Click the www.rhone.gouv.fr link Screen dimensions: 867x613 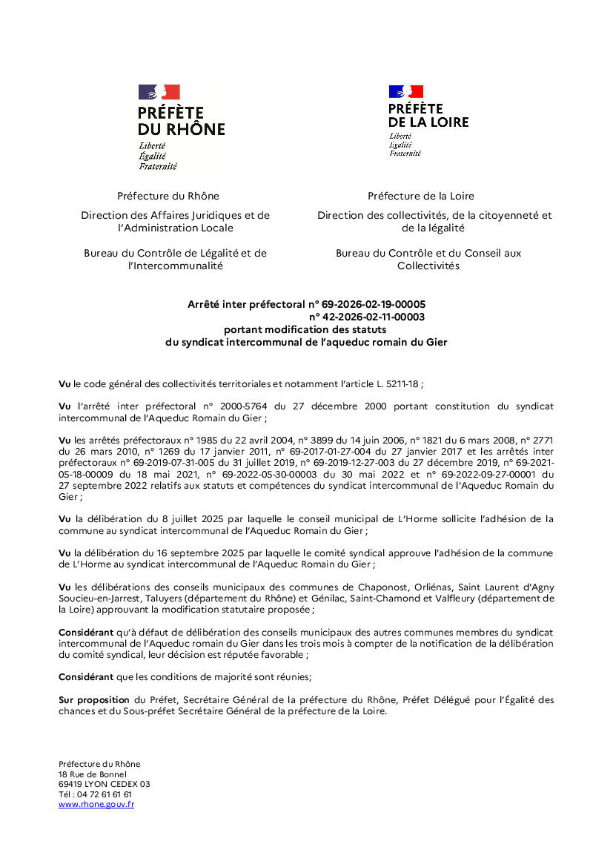coord(96,804)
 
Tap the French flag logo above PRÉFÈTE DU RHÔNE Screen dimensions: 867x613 coord(159,92)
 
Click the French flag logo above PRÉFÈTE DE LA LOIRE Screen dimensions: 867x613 coord(406,92)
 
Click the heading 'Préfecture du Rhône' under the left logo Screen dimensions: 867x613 coord(168,196)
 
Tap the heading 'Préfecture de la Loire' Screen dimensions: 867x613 coord(421,196)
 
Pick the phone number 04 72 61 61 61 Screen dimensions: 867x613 coord(104,794)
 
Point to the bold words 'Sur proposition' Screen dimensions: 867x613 coord(94,699)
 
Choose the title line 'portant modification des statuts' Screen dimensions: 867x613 coord(305,329)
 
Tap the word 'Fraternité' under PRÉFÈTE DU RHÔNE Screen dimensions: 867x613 coord(157,167)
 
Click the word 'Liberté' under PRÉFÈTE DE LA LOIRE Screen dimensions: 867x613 coord(400,136)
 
